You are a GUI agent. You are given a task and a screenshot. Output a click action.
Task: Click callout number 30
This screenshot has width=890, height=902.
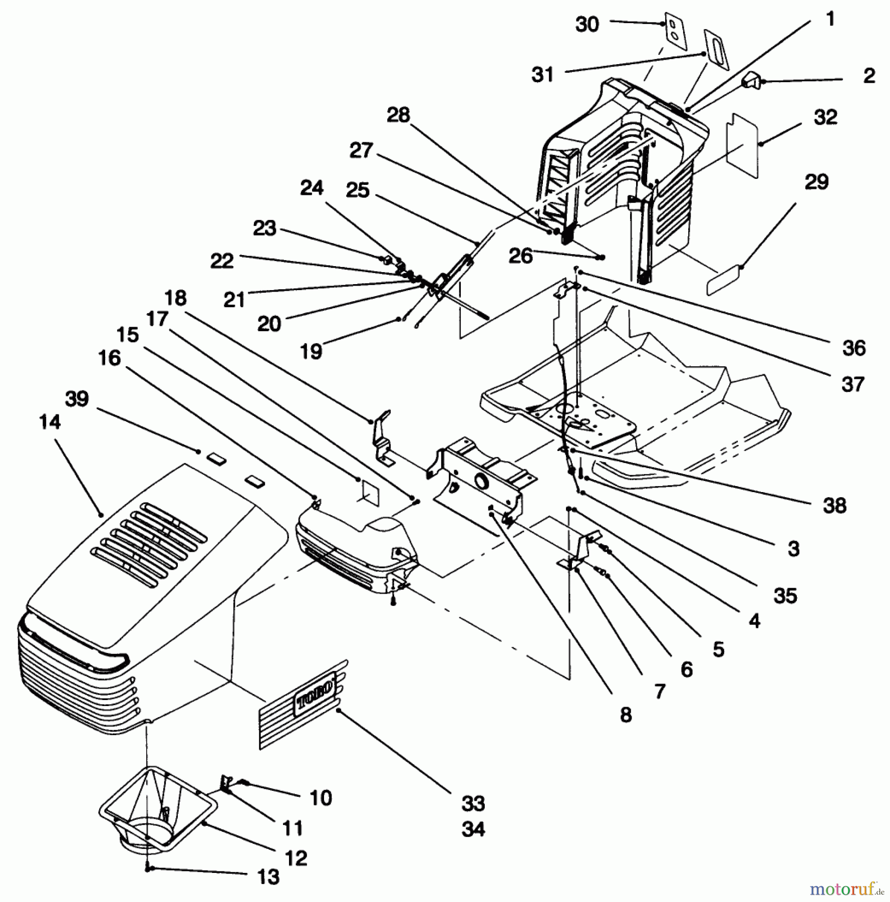click(587, 24)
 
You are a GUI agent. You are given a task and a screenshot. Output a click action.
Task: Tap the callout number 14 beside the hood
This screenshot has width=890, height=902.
click(50, 422)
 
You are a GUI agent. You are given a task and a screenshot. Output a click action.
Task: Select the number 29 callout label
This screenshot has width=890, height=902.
click(816, 181)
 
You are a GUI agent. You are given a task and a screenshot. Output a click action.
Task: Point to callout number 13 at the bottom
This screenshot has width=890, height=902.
click(268, 876)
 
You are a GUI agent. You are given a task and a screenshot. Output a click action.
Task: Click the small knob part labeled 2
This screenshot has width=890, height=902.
click(750, 80)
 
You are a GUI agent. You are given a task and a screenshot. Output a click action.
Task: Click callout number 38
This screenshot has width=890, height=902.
click(834, 505)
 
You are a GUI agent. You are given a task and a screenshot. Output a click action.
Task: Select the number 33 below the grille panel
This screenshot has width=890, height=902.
click(473, 803)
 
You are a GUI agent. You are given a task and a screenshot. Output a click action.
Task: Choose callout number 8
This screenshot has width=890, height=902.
click(626, 715)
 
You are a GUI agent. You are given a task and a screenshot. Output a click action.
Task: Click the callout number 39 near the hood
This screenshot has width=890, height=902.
click(77, 399)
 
